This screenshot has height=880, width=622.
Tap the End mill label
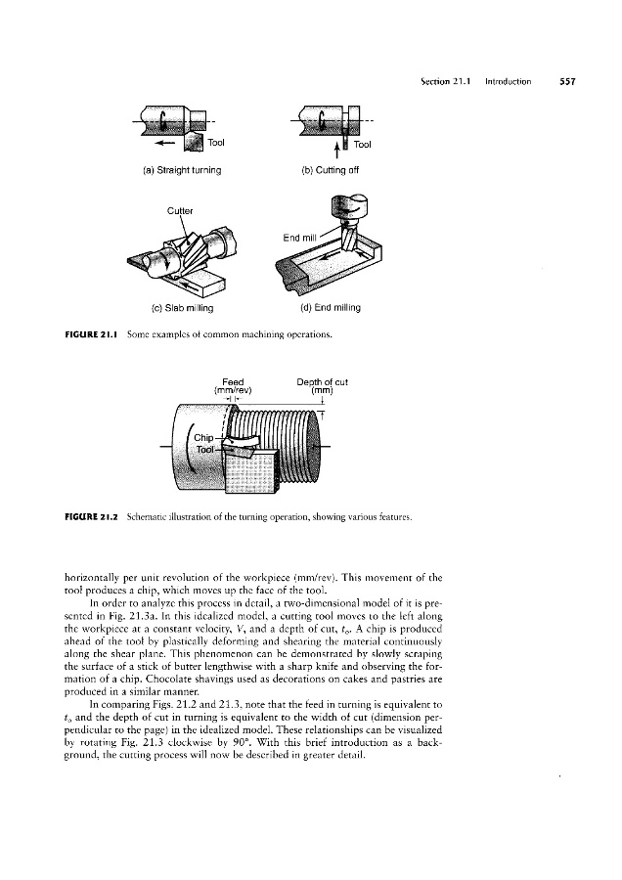(x=299, y=238)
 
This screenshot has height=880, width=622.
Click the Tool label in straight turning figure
(x=215, y=143)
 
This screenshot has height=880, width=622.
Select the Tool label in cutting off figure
(x=363, y=145)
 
